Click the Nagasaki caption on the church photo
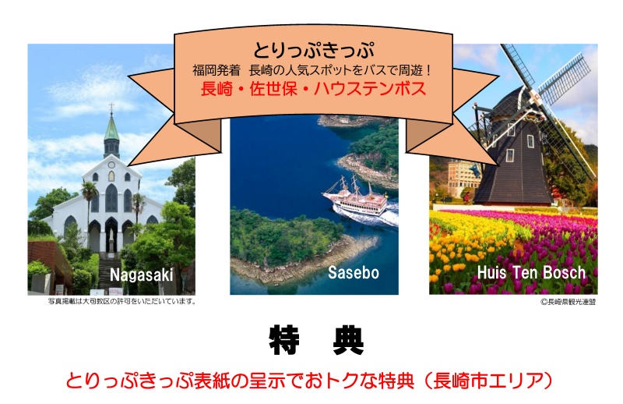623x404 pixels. [142, 275]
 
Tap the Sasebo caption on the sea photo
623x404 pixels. [354, 273]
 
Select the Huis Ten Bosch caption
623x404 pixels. [531, 273]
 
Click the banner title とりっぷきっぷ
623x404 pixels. [314, 51]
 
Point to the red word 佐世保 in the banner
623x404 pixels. [273, 88]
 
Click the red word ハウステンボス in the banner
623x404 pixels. [370, 88]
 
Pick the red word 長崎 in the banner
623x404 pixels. [216, 88]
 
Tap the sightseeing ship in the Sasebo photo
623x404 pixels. [356, 197]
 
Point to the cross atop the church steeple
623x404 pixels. [111, 107]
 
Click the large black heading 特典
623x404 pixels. [317, 341]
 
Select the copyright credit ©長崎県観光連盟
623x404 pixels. [568, 302]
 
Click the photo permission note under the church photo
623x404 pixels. [122, 301]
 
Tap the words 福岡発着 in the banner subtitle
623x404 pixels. [216, 70]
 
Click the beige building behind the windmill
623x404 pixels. [461, 179]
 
